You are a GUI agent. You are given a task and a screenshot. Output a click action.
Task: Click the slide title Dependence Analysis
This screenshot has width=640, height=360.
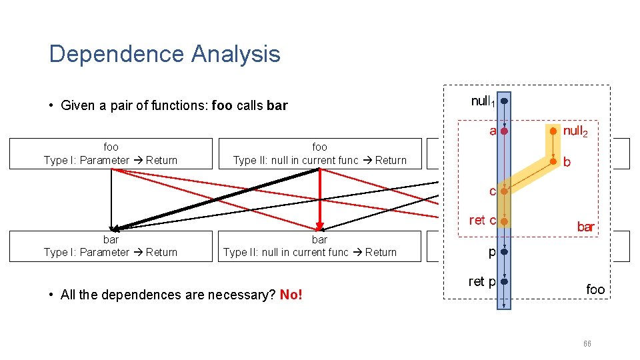[165, 54]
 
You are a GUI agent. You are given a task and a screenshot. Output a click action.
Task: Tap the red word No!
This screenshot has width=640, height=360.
[291, 295]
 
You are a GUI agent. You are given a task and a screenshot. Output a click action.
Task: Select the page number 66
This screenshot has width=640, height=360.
[587, 343]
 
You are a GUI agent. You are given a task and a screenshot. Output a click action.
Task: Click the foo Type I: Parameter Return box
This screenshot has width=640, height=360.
[111, 153]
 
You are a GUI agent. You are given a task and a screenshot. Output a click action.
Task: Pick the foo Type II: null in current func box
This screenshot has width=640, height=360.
[320, 153]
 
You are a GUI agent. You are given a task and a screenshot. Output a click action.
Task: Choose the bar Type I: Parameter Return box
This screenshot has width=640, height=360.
[111, 245]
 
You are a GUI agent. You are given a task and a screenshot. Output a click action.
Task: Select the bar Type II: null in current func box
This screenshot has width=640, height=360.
[320, 245]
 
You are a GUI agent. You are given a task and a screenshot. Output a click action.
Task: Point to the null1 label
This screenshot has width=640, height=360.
[483, 101]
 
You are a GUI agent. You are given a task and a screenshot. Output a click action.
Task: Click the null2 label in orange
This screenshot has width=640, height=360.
[575, 131]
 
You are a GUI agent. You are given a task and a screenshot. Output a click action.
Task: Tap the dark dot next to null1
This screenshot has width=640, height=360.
[505, 101]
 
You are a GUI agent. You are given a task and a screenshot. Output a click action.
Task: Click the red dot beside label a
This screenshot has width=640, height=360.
[505, 131]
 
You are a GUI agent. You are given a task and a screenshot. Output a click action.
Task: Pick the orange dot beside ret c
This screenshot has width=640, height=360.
[505, 221]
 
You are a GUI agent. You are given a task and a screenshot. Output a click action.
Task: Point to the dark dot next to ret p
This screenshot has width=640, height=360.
[505, 281]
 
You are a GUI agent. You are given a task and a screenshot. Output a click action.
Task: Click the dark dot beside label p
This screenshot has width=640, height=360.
[505, 253]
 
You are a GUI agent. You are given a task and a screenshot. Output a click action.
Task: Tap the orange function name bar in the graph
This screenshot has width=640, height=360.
[585, 227]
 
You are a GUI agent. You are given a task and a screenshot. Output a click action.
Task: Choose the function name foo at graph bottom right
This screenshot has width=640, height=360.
[595, 289]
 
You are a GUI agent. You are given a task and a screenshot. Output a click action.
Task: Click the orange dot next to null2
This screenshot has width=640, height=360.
[553, 131]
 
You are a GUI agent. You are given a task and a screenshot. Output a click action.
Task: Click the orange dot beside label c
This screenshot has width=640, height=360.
[505, 191]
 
